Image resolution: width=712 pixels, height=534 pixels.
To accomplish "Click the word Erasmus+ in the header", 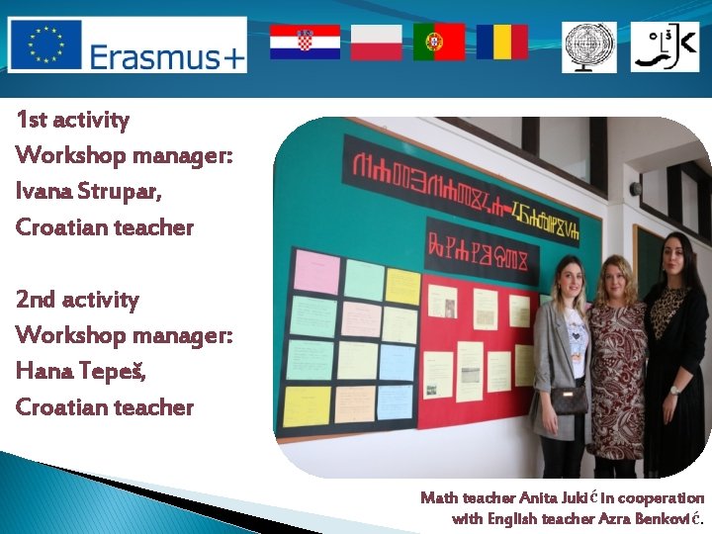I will pos(166,57).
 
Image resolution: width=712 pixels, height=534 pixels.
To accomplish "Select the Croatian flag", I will pos(305,43).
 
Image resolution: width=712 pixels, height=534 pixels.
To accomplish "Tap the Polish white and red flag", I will pos(377,43).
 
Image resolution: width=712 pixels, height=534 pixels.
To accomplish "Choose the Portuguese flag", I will pos(439,43).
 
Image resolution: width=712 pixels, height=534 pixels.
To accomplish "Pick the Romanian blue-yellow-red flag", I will pos(501,43).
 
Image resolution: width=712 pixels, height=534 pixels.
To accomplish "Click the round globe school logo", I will pos(589,47).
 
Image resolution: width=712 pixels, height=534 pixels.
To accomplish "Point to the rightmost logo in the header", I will pos(664,47).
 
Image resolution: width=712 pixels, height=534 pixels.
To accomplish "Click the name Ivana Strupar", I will pos(88,191).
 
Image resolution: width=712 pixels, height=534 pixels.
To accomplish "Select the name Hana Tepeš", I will pos(80,371).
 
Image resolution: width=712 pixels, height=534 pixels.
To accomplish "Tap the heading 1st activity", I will pos(72,121).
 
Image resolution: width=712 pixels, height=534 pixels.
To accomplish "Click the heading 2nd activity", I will pos(77,300).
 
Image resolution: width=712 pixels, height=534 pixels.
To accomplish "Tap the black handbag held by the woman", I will pos(569,399).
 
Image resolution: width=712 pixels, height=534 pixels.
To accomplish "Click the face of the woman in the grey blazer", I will pos(573,275).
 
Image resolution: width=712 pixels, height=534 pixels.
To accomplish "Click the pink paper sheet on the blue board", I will pos(316,272).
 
